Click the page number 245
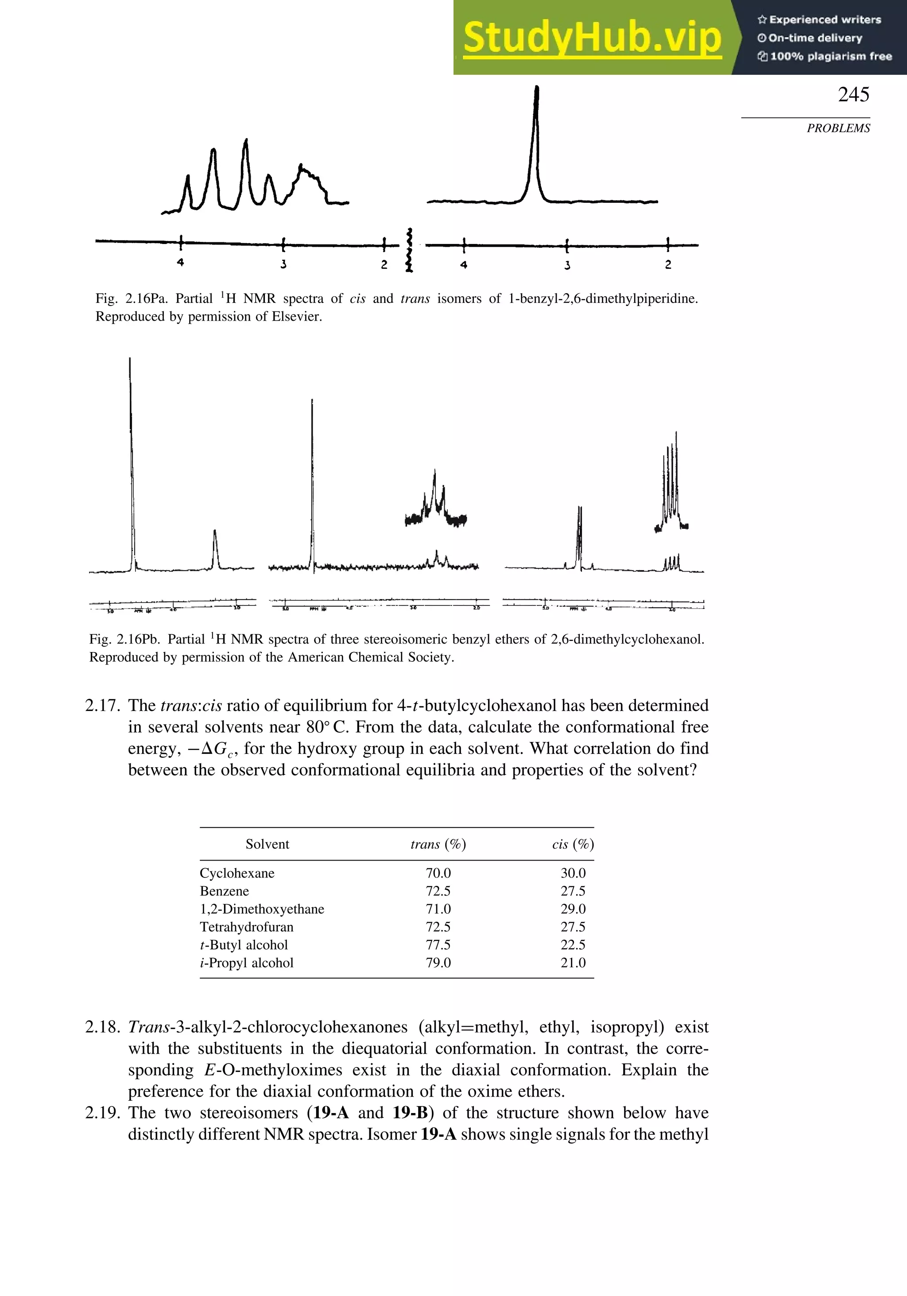click(x=853, y=94)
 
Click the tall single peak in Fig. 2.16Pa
click(x=536, y=141)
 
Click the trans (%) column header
click(x=438, y=844)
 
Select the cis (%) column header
click(x=572, y=844)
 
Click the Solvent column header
click(x=267, y=844)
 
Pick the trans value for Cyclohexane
click(x=438, y=873)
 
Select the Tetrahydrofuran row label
click(x=246, y=927)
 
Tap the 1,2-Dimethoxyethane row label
click(x=262, y=909)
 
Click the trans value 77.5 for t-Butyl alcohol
click(x=438, y=945)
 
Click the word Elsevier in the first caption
click(x=296, y=317)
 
